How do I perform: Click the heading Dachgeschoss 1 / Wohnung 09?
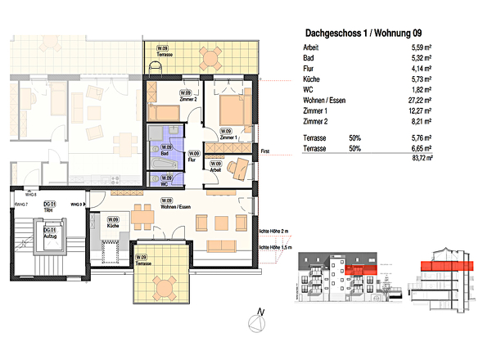[x=365, y=34]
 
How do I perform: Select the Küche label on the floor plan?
[x=112, y=223]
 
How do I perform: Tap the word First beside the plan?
[x=264, y=152]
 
